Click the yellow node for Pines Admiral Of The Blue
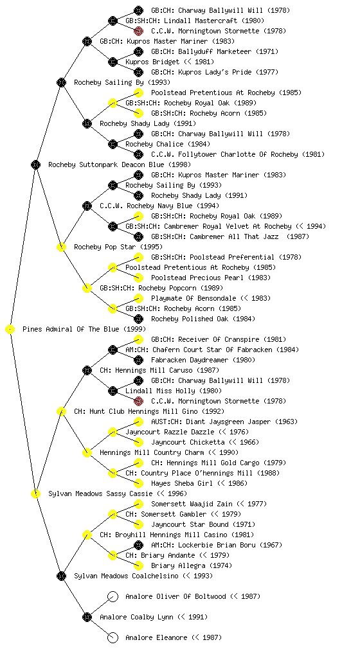click(x=10, y=330)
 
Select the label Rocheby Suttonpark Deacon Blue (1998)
click(x=120, y=165)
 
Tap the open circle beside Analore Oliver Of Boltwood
click(x=113, y=596)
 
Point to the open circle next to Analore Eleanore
click(x=113, y=637)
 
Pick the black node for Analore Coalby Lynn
click(x=87, y=617)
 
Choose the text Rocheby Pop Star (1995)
click(x=118, y=247)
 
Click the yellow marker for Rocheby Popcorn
click(x=87, y=289)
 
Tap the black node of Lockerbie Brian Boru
click(x=138, y=545)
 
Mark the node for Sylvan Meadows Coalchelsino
click(x=61, y=576)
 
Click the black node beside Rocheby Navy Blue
click(x=87, y=206)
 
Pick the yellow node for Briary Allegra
click(x=138, y=565)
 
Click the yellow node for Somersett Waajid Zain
click(x=138, y=504)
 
